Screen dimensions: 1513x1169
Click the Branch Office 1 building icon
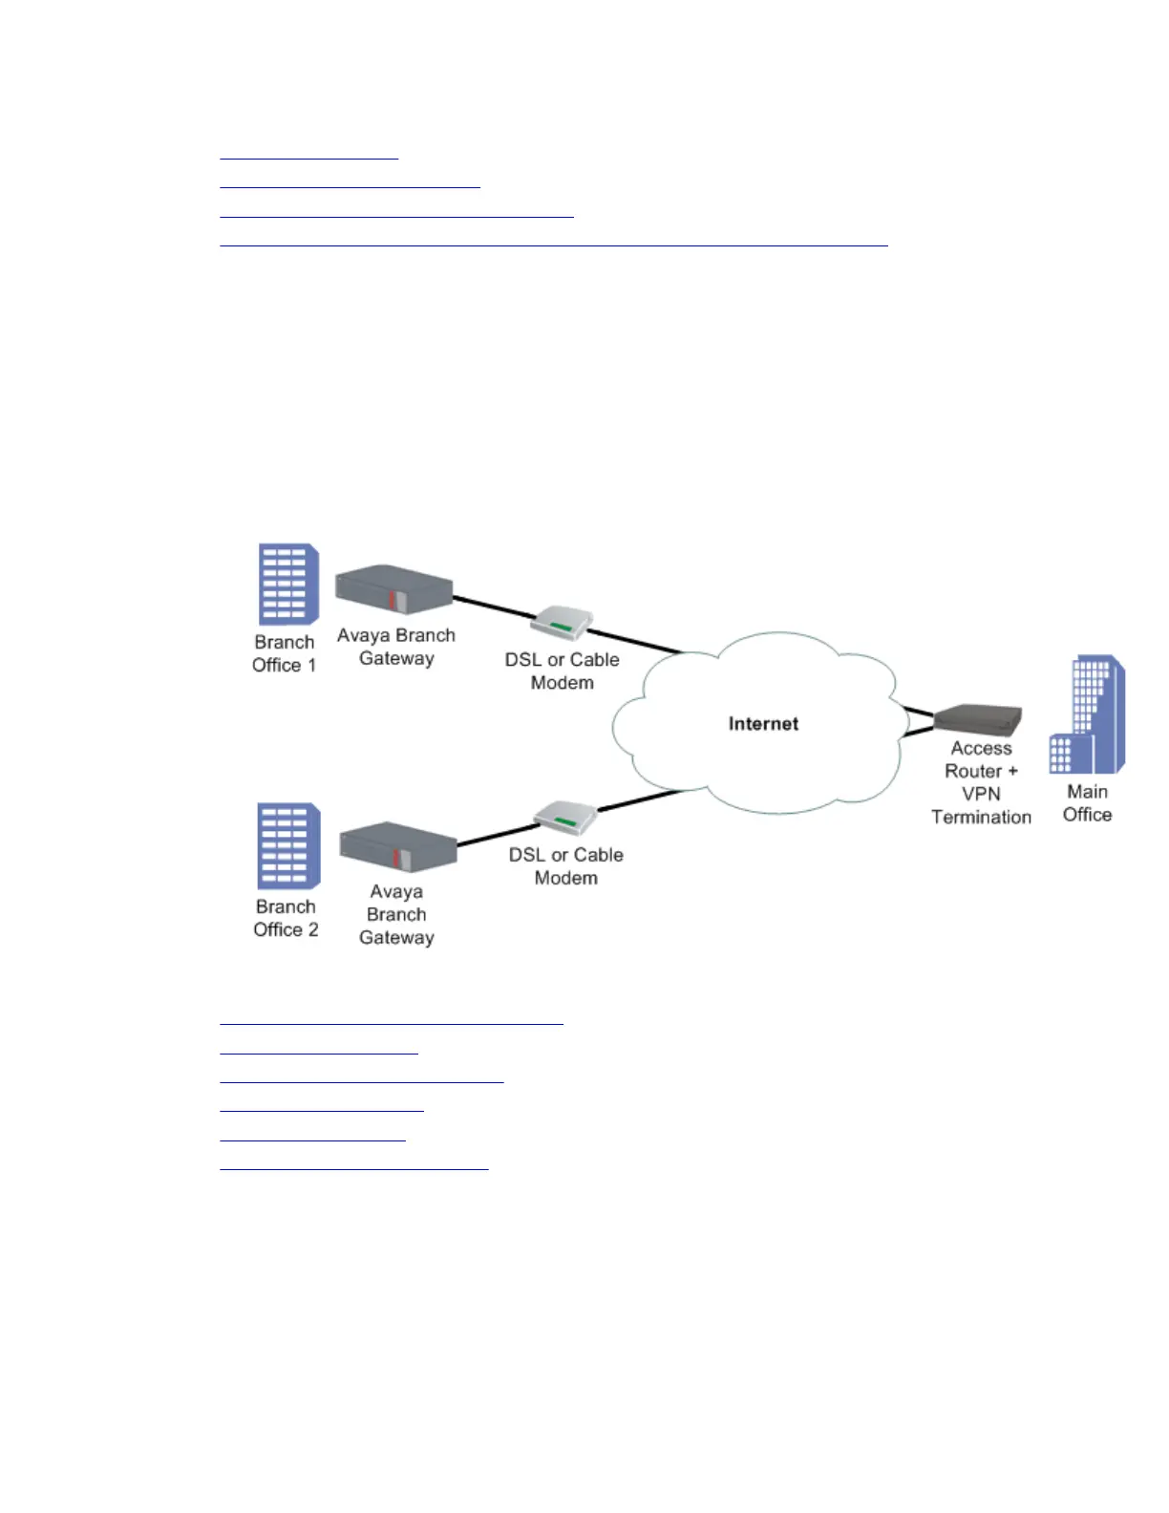tap(287, 584)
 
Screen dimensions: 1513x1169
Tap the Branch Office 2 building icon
tap(287, 846)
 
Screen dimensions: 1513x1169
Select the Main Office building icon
tap(1088, 714)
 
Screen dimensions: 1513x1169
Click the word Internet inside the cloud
tap(763, 724)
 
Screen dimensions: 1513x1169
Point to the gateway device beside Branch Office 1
tap(393, 590)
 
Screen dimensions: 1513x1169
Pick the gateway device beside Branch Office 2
tap(397, 846)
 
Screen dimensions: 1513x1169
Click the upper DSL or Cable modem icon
tap(562, 624)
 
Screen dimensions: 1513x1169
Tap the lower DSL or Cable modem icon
tap(564, 818)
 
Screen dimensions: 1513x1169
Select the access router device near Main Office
tap(978, 718)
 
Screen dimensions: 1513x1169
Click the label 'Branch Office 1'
tap(284, 654)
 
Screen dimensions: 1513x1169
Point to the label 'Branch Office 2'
tap(286, 918)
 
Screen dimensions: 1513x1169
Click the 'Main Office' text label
tap(1087, 803)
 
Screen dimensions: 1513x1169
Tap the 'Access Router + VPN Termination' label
tap(981, 783)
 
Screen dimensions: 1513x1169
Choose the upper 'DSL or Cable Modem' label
tap(562, 671)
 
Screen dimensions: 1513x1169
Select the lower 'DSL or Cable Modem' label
tap(565, 866)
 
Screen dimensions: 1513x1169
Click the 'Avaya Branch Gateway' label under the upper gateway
tap(396, 647)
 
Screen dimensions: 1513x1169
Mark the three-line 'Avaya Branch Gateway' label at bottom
tap(396, 914)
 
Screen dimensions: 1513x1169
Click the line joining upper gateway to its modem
tap(492, 607)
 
